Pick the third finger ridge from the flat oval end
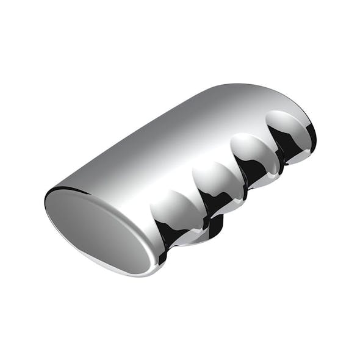253,149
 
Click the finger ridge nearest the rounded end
287,124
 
